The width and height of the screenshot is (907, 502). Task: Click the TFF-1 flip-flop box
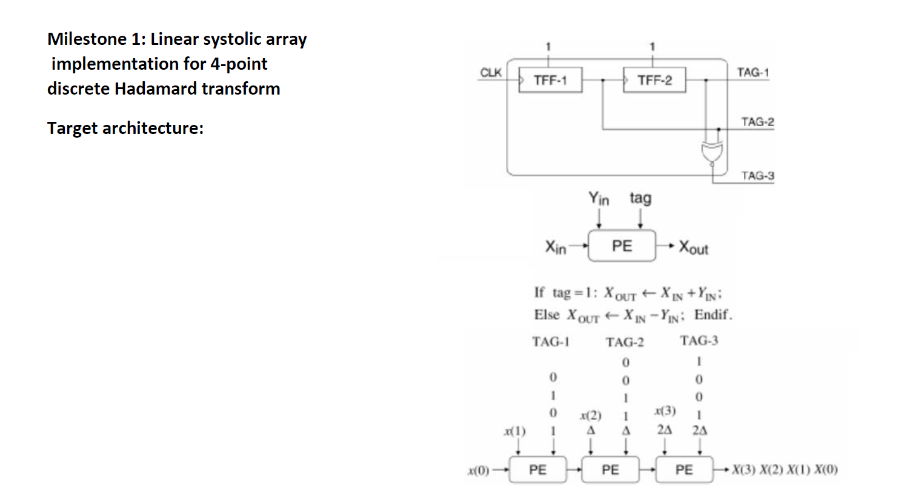(x=550, y=80)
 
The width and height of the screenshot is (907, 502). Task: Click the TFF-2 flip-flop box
(x=654, y=80)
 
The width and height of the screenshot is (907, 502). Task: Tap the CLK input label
(x=490, y=72)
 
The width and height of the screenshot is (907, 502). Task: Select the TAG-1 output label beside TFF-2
(x=753, y=72)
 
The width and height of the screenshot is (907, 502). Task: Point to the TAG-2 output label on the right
(x=757, y=122)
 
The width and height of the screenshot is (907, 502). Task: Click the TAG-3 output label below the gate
(x=757, y=176)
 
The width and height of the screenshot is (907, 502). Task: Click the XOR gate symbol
(x=711, y=152)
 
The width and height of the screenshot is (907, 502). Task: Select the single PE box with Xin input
(x=622, y=246)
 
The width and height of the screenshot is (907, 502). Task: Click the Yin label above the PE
(x=599, y=198)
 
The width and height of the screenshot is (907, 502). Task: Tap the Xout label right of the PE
(x=693, y=247)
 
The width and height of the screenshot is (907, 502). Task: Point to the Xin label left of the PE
(x=556, y=247)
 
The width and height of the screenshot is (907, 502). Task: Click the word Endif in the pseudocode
(x=713, y=315)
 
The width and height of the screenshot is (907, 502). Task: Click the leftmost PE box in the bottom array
(x=537, y=470)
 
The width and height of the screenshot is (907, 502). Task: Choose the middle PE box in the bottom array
(x=610, y=470)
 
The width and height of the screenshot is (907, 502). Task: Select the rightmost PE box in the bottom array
(x=684, y=470)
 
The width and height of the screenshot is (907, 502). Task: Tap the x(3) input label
(x=665, y=410)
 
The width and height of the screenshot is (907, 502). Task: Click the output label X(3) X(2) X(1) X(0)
(x=785, y=470)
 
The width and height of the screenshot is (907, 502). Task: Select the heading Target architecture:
(x=125, y=128)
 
